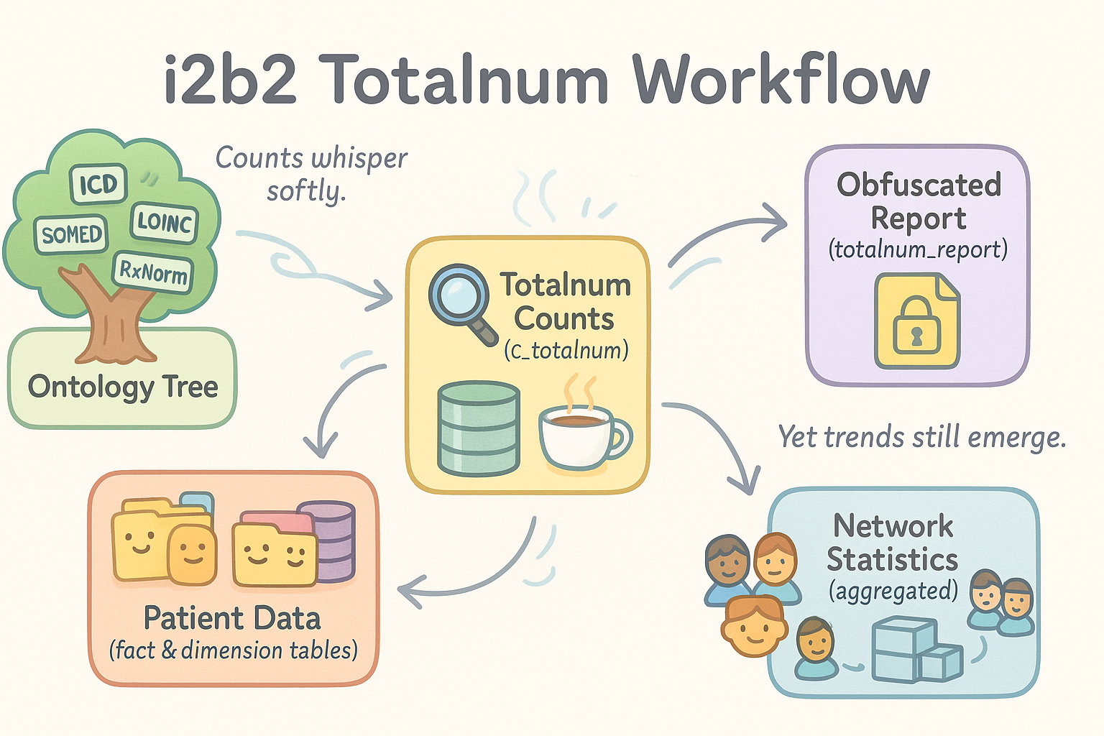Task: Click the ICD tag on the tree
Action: pyautogui.click(x=98, y=183)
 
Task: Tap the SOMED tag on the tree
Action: pyautogui.click(x=70, y=234)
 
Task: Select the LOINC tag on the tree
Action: pyautogui.click(x=165, y=222)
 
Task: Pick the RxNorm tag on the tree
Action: pyautogui.click(x=153, y=272)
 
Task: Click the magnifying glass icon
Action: pyautogui.click(x=460, y=298)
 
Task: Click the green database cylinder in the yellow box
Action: pyautogui.click(x=479, y=428)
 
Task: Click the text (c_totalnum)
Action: pyautogui.click(x=566, y=351)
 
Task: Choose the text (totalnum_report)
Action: pyautogui.click(x=918, y=249)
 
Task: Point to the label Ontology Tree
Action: pyautogui.click(x=123, y=387)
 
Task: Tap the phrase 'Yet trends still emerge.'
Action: pyautogui.click(x=922, y=437)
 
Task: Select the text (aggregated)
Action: pyautogui.click(x=893, y=591)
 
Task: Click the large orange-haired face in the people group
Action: pyautogui.click(x=753, y=625)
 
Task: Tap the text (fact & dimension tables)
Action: pyautogui.click(x=233, y=650)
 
